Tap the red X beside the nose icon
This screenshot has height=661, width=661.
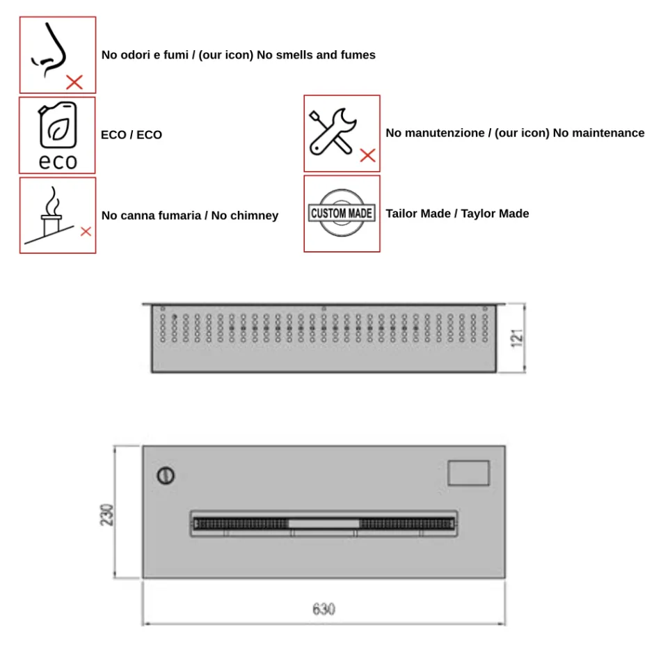point(74,82)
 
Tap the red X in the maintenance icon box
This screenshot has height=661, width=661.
point(367,156)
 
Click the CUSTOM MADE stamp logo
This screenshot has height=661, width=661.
point(342,213)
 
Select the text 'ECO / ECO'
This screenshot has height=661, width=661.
point(131,135)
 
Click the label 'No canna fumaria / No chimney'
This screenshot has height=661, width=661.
point(189,216)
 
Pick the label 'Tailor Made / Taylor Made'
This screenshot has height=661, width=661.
point(457,214)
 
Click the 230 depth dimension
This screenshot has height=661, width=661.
point(106,514)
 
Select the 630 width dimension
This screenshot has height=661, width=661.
point(324,610)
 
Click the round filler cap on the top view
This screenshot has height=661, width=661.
point(166,476)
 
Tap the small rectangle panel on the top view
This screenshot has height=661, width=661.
point(468,472)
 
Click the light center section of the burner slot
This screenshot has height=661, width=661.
point(324,523)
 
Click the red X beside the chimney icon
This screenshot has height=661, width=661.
point(86,232)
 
